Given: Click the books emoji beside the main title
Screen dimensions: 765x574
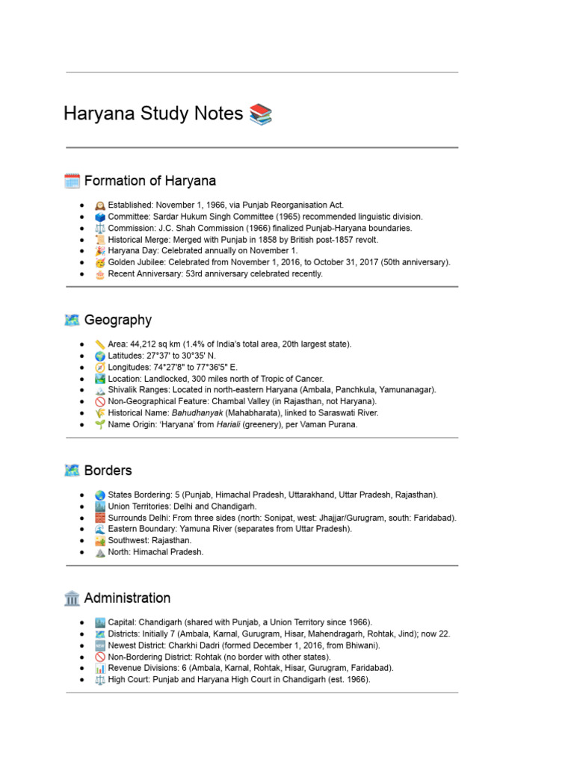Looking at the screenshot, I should point(261,114).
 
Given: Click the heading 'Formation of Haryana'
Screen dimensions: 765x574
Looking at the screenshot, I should point(150,181).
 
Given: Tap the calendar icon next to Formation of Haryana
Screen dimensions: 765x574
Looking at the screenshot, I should point(72,181).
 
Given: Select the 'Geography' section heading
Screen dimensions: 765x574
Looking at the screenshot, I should point(118,320).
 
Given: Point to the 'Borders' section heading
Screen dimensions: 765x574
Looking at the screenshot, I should point(108,471).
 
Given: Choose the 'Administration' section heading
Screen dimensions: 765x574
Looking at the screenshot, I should point(127,598).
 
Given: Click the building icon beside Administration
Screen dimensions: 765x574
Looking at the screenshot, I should point(72,598).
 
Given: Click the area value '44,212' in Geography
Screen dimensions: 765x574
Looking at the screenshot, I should point(144,344).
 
